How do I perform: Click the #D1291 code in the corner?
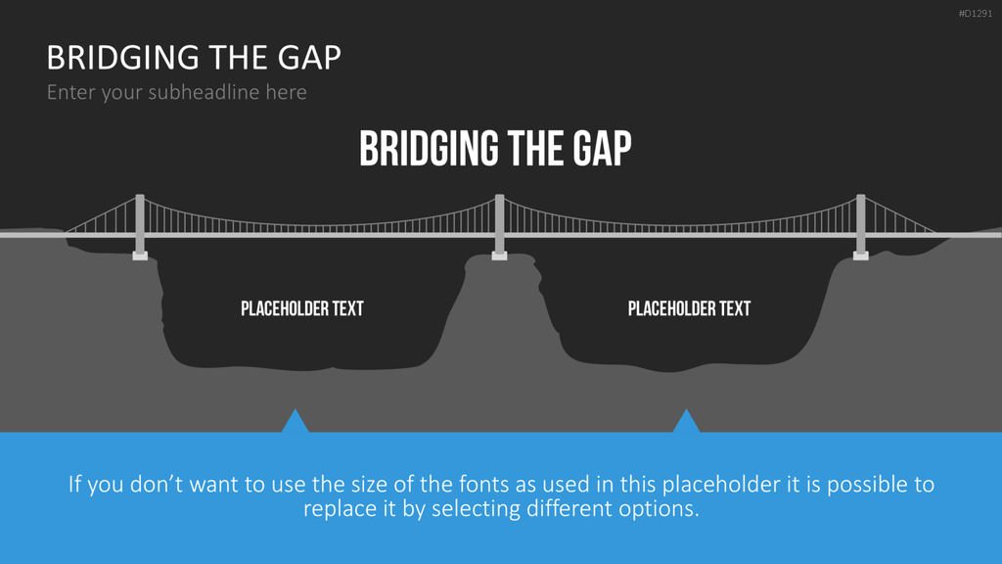point(976,14)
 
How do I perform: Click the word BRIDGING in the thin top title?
point(122,58)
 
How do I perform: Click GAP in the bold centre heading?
point(602,149)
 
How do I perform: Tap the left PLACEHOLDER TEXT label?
point(302,308)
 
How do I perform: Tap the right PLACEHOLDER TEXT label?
point(689,308)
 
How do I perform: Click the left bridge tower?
point(140,223)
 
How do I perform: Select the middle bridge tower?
point(500,223)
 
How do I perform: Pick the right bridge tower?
point(861,223)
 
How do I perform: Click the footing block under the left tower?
point(140,256)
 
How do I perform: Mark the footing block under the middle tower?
point(500,256)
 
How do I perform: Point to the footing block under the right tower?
point(861,256)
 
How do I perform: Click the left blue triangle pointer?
point(296,423)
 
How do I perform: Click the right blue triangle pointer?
point(686,423)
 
